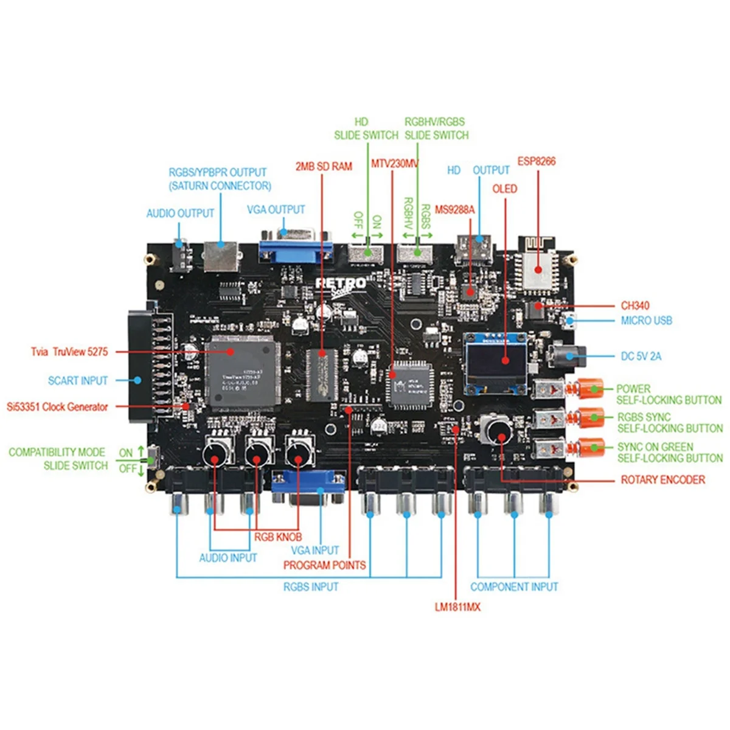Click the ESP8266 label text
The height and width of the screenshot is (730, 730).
(x=536, y=161)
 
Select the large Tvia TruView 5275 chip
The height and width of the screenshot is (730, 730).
(x=242, y=370)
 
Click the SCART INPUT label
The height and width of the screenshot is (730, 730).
(x=78, y=381)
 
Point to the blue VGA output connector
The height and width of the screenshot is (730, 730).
(x=296, y=246)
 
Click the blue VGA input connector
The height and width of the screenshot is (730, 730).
(x=308, y=484)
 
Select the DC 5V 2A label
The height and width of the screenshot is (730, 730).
(x=641, y=356)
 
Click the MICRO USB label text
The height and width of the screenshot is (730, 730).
(x=646, y=321)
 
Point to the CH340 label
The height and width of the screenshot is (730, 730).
(x=636, y=305)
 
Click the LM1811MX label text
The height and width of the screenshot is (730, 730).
(x=457, y=607)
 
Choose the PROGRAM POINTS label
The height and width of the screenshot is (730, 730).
(x=324, y=565)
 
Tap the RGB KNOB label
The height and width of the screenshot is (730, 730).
(x=278, y=537)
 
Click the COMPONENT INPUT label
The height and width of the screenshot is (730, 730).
(x=514, y=587)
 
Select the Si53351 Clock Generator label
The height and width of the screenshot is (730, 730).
(x=57, y=406)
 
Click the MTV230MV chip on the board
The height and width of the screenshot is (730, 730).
(x=408, y=384)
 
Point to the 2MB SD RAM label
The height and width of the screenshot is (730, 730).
(x=324, y=166)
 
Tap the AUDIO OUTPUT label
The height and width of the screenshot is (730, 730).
(x=180, y=214)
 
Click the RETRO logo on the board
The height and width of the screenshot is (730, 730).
(x=341, y=283)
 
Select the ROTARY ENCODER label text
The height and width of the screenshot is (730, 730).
(x=662, y=480)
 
